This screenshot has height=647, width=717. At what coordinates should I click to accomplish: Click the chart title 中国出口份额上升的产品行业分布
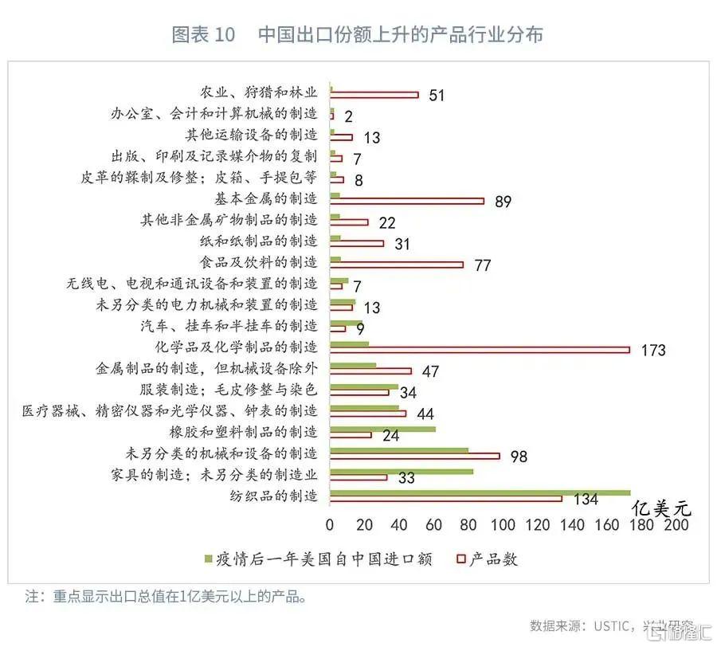(x=401, y=35)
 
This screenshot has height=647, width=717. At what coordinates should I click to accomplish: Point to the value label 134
(x=586, y=500)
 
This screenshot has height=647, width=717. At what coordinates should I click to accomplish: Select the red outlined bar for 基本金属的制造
(x=406, y=201)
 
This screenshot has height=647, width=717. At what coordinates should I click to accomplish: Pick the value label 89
(x=502, y=202)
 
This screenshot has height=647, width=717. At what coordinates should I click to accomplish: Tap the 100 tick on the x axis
(x=503, y=525)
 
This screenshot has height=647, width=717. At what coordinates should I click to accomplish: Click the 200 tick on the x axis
(x=676, y=525)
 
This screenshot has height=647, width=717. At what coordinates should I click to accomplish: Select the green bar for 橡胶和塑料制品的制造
(x=382, y=429)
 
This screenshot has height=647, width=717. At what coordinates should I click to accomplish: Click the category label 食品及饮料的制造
(x=257, y=261)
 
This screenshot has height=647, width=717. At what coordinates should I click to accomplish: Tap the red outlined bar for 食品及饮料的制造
(x=396, y=265)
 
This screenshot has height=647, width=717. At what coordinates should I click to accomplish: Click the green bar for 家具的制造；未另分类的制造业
(x=401, y=472)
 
